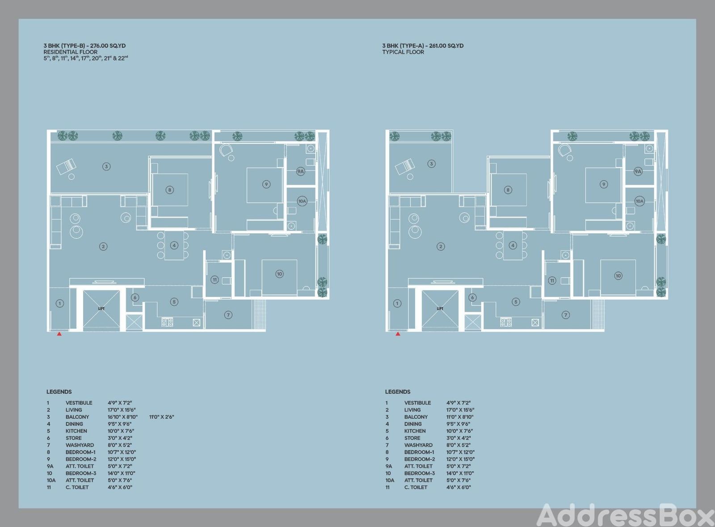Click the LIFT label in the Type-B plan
coord(101,309)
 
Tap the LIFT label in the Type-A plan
coord(440,309)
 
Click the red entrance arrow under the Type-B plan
coord(59,334)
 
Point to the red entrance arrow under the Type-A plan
coord(398,334)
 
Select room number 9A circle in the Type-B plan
coord(300,171)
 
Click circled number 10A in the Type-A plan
coord(639,201)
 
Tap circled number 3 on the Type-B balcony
coord(106,166)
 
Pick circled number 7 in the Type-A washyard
coord(566,315)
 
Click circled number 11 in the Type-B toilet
coord(214,280)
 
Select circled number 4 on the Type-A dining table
coord(513,245)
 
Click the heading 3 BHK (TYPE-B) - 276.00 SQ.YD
coord(84,46)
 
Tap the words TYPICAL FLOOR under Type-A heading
coord(403,52)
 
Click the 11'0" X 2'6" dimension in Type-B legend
coord(161,417)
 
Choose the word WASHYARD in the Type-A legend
coord(418,445)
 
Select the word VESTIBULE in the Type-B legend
coord(79,403)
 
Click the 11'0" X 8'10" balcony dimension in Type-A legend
coord(460,417)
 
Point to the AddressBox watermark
coord(626,514)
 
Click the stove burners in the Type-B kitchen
coord(167,322)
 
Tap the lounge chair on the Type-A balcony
coord(405,167)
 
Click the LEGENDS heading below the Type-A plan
coord(398,392)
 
